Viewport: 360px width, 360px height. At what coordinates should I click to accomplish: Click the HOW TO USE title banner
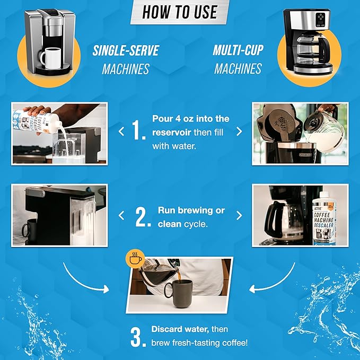click(x=180, y=12)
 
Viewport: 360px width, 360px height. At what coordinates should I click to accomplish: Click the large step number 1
click(x=139, y=130)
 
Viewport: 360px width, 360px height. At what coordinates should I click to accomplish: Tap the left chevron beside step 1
click(x=121, y=130)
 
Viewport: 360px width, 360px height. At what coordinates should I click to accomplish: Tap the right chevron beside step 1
click(x=239, y=130)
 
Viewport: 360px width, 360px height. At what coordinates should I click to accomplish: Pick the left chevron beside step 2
click(x=121, y=216)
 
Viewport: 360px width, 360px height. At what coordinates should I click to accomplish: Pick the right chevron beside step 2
click(x=239, y=216)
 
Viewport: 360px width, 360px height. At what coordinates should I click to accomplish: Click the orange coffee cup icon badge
click(x=134, y=258)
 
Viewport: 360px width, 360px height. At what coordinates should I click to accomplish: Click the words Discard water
click(x=177, y=329)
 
